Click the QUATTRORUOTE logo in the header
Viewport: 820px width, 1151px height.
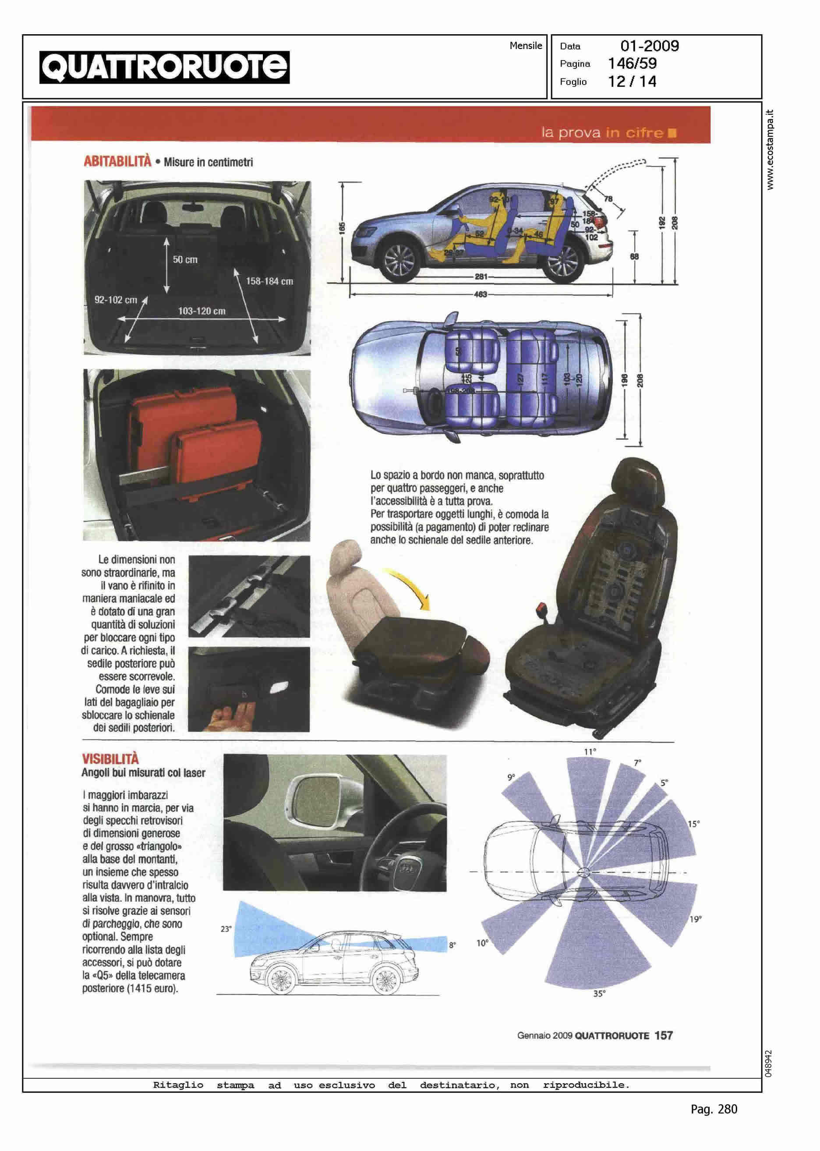click(x=165, y=67)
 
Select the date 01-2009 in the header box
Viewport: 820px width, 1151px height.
click(x=649, y=46)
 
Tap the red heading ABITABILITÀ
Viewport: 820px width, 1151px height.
click(x=117, y=162)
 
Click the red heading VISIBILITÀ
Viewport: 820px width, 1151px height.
click(x=110, y=758)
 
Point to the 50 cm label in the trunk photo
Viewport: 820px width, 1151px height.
click(x=185, y=259)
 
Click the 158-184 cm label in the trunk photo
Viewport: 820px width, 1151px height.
click(x=269, y=281)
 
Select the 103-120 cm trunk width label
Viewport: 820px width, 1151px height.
click(x=201, y=311)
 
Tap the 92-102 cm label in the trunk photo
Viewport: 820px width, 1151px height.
click(x=116, y=300)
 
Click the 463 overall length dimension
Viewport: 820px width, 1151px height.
click(x=480, y=294)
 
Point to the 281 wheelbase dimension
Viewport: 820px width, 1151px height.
click(x=481, y=277)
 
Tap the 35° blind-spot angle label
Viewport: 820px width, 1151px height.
click(x=599, y=993)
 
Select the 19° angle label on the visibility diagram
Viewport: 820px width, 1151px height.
click(x=695, y=919)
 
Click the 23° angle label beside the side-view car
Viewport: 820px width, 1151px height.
click(x=226, y=929)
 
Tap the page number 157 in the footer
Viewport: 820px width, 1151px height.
click(x=664, y=1035)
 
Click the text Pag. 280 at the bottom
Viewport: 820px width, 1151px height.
click(x=714, y=1109)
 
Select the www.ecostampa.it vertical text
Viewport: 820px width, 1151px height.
click(x=770, y=149)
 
